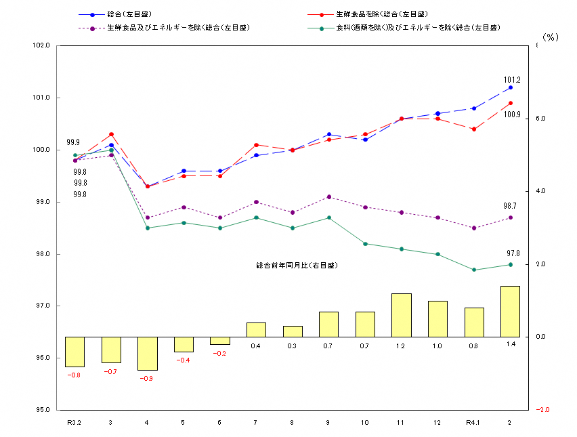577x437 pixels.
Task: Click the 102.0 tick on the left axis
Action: click(42, 45)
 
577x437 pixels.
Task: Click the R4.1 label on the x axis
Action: click(474, 422)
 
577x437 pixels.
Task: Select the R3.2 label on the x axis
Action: click(74, 422)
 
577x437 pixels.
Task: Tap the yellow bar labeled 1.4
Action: click(510, 311)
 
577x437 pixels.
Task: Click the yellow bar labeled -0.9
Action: click(147, 353)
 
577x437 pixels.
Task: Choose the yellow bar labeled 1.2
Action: click(401, 315)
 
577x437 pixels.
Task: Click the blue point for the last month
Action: click(511, 87)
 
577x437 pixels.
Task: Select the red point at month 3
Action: click(111, 134)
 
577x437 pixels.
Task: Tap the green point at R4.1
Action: click(474, 270)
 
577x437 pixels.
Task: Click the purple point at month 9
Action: click(329, 196)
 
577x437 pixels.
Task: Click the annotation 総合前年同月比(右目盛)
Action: click(296, 266)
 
